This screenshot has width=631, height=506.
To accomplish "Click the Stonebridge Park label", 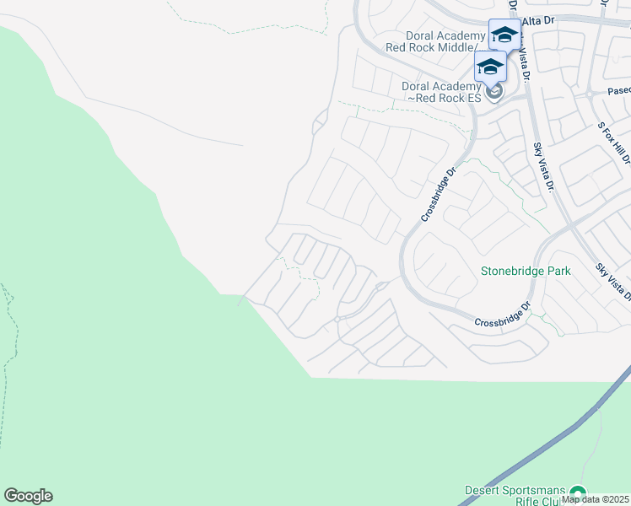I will pos(526,271).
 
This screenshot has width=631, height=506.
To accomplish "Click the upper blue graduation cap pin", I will pos(504,35).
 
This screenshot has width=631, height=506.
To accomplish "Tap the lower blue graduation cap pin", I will pos(490,67).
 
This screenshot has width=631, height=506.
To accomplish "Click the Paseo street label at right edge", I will pos(618,90).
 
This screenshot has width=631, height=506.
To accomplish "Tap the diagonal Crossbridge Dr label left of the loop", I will pos(439,193).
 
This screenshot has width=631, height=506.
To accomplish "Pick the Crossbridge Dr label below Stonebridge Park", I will pos(502,315).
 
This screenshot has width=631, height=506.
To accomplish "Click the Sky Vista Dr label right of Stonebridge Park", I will pos(612,280).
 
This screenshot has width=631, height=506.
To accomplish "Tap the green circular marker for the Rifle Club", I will pos(577,493).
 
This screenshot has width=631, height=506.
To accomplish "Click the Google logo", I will pos(28,496).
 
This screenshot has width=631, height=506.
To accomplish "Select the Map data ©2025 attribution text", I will pos(596,499).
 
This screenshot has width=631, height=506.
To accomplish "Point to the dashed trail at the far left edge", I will pos(10,337).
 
